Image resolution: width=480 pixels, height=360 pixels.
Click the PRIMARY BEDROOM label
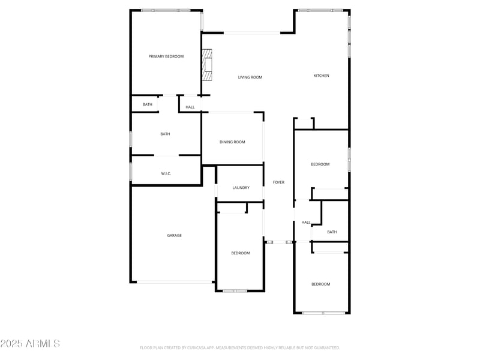pos(166,56)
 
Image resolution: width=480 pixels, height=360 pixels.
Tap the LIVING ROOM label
pos(250,77)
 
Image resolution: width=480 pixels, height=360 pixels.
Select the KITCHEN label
pos(322,76)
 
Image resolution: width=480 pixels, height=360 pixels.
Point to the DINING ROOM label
pos(232,142)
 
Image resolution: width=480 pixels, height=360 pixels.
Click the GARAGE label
pos(174,236)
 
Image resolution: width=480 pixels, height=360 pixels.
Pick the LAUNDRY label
pos(241,188)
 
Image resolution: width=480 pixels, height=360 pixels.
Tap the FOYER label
pos(278,182)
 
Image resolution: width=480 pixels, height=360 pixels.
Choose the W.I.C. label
pos(166,174)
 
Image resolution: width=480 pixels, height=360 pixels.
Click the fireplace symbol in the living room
pos(207,65)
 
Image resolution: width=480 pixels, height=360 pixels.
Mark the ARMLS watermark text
pos(30,344)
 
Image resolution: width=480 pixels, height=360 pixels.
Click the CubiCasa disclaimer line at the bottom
pos(240,347)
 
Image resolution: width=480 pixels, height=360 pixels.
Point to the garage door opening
pos(174,282)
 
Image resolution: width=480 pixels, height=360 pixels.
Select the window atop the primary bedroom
pos(166,10)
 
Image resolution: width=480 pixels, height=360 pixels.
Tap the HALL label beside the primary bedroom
pos(190,107)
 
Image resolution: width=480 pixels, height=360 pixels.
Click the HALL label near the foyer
pos(306,223)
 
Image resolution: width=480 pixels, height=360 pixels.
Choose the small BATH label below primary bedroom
pos(148,104)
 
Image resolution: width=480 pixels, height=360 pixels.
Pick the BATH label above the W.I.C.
pos(165,134)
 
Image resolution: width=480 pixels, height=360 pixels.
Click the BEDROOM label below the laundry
pos(241,253)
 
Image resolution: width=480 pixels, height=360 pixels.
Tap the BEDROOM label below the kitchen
pos(320,164)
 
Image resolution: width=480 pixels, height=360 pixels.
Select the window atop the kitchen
pos(320,10)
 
